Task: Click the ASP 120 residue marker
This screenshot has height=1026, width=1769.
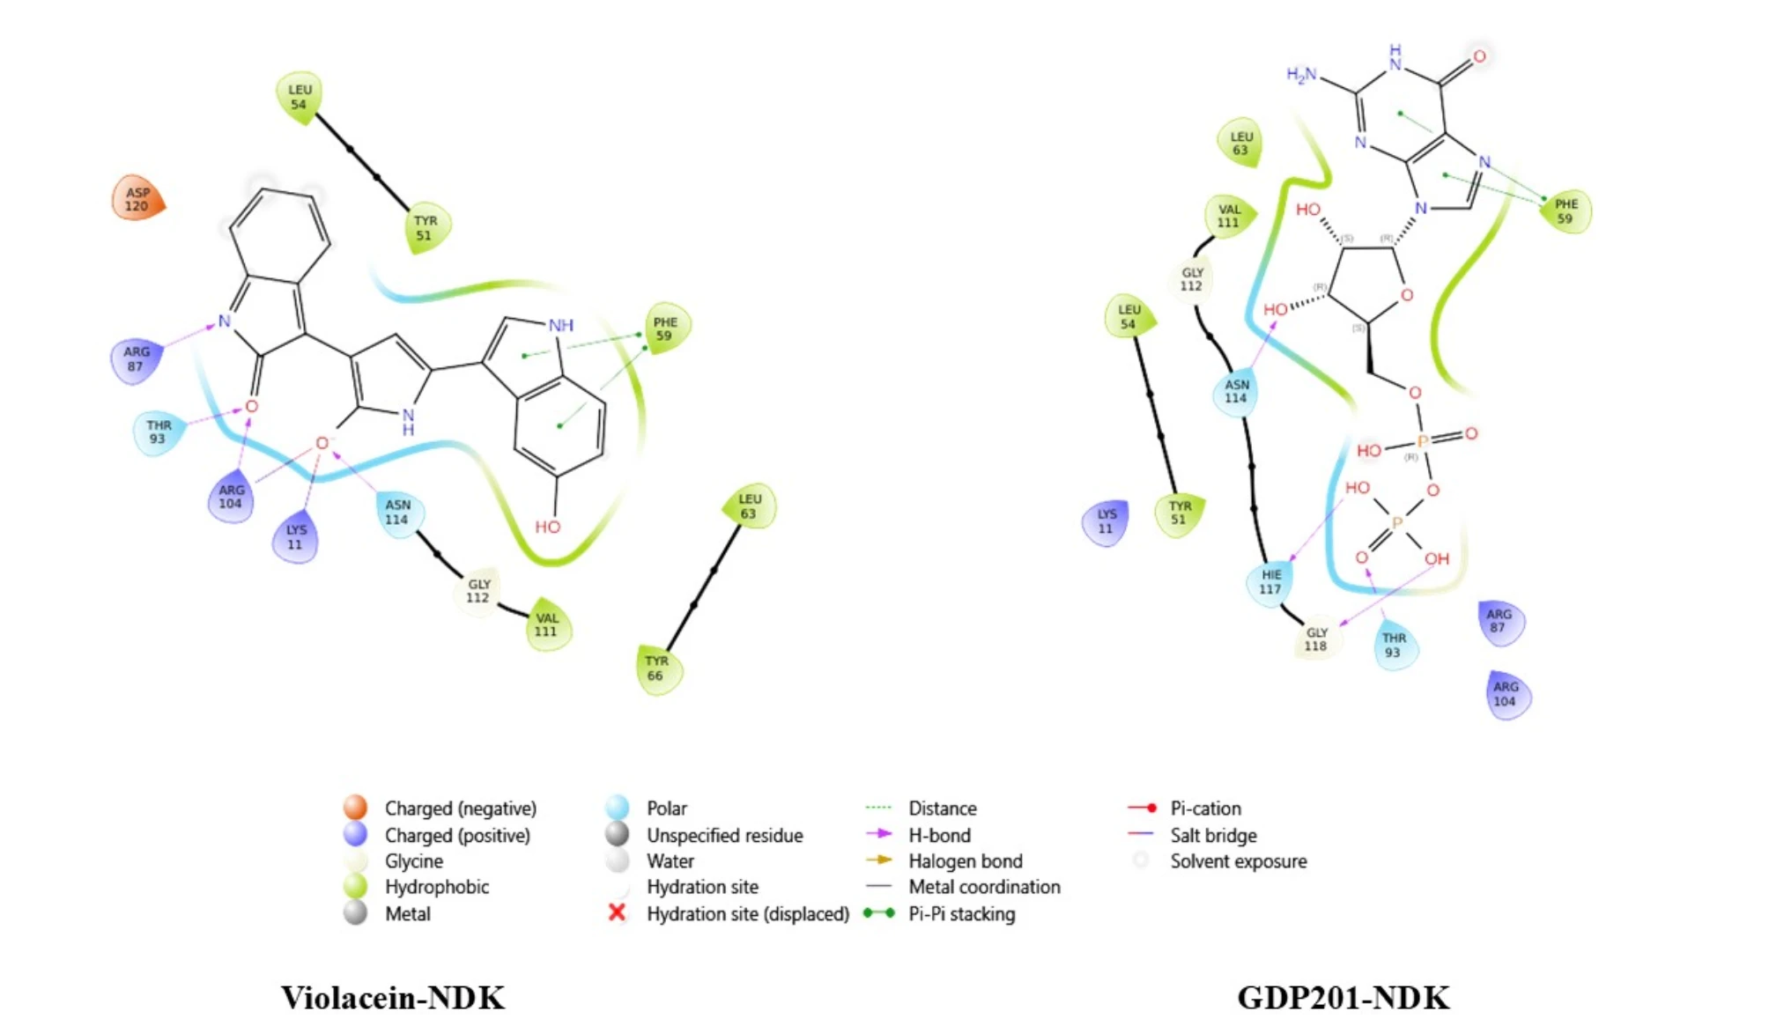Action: click(137, 199)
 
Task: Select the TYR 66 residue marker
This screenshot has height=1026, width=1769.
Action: click(657, 668)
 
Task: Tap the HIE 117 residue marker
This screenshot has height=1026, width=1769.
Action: click(1270, 582)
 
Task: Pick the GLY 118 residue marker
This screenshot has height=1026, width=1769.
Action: click(1316, 639)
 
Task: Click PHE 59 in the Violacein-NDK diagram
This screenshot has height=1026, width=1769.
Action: click(665, 329)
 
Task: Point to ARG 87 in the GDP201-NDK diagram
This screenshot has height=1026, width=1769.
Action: click(1499, 621)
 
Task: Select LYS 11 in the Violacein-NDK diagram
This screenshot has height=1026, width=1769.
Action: click(296, 537)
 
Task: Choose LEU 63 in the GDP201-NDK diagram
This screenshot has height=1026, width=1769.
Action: click(1240, 144)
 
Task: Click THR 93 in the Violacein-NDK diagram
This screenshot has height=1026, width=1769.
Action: click(159, 432)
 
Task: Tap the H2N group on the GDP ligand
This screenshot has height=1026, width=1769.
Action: click(1301, 75)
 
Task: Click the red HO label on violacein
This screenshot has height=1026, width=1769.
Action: click(547, 527)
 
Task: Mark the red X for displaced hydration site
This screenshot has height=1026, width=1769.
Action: click(618, 912)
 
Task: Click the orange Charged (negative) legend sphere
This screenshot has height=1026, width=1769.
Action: click(355, 807)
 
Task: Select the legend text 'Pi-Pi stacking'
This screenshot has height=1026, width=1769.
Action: click(961, 914)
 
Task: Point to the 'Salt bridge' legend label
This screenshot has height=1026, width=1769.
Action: click(1213, 835)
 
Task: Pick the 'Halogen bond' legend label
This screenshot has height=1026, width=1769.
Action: click(966, 860)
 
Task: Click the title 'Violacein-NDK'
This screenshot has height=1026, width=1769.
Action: click(393, 998)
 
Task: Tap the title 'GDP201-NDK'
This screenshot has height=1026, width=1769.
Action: click(1343, 998)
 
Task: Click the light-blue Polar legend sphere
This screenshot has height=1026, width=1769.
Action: click(618, 807)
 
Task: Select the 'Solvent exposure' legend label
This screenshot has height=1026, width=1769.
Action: click(1238, 860)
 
